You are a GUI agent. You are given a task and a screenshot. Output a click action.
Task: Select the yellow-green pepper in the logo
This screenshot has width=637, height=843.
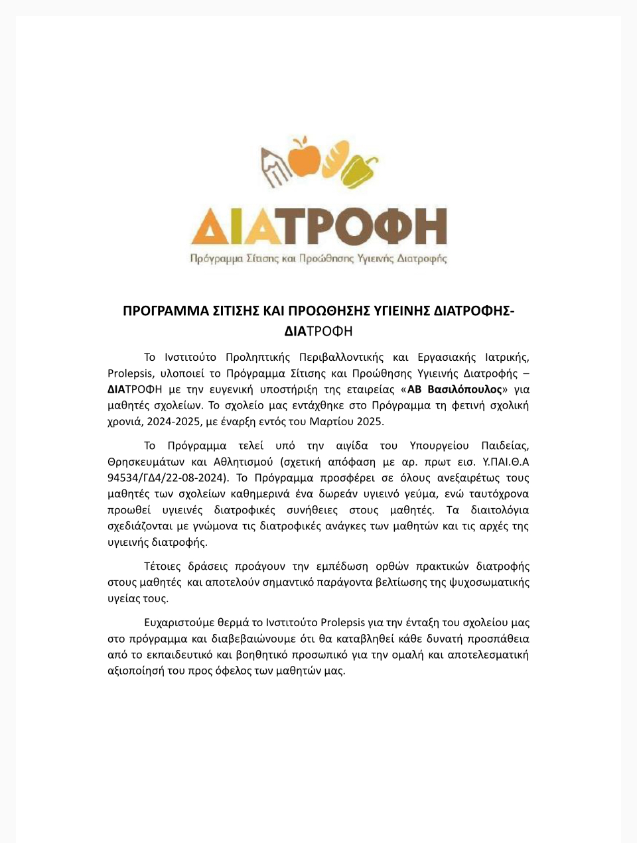[x=359, y=170]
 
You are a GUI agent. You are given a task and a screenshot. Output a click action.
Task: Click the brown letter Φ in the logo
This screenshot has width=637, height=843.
[x=387, y=227]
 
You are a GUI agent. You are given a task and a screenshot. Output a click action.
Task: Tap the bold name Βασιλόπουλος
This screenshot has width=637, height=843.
[x=464, y=389]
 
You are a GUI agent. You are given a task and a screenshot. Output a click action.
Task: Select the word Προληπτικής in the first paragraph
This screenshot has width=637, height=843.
[x=257, y=357]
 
